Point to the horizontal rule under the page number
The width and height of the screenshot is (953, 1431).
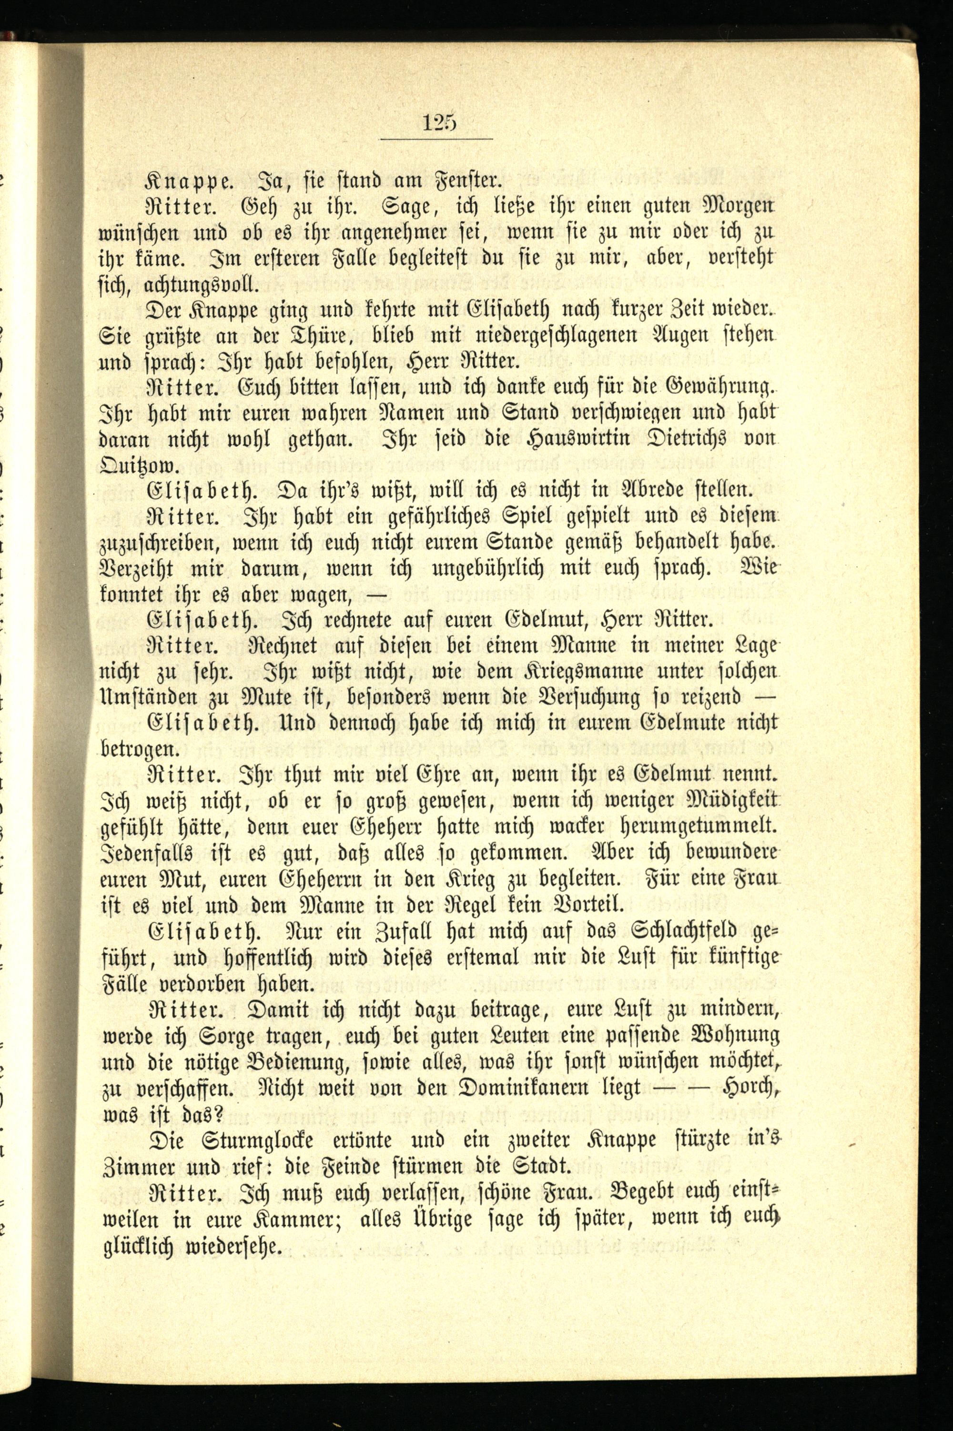(436, 139)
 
